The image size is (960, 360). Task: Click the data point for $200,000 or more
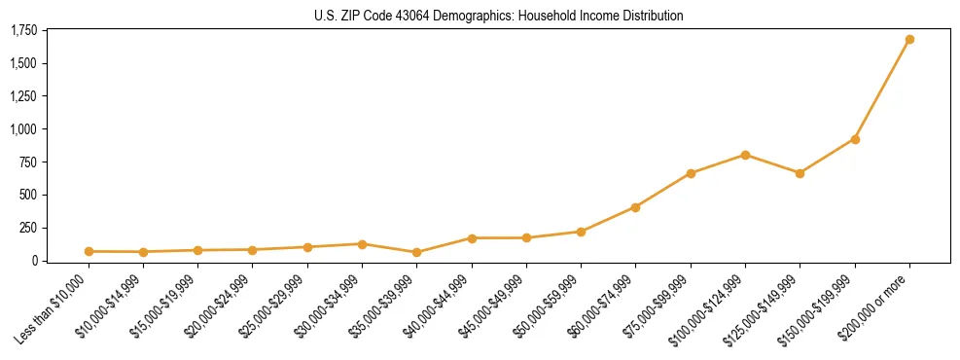(909, 40)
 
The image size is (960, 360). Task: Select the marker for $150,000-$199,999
(855, 139)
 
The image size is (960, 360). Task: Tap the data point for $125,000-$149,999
(800, 173)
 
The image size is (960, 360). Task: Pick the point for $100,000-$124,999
(745, 155)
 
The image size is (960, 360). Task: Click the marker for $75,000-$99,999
(691, 173)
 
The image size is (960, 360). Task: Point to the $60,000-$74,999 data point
(635, 207)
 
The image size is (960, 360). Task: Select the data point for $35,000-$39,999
(416, 252)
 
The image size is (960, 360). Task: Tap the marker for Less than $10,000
(89, 251)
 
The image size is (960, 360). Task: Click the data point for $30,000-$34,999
(362, 244)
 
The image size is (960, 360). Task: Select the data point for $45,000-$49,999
(526, 237)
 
